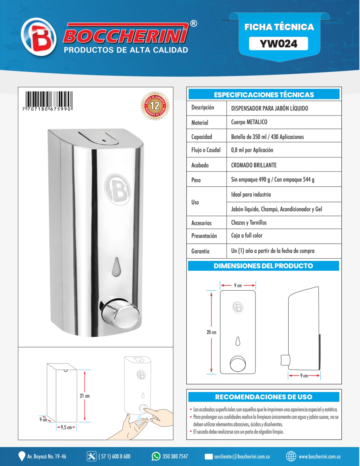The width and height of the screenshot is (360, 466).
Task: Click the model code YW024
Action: pos(278,44)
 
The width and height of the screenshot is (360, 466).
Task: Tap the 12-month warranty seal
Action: pos(155,105)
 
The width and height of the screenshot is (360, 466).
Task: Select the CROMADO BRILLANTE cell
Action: pos(254,165)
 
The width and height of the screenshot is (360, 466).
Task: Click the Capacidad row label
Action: pos(202,137)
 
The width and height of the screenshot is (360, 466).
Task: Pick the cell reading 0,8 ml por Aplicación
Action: pos(252,150)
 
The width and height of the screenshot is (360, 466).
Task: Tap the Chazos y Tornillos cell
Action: pos(249,223)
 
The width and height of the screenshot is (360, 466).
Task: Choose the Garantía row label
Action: pos(200,251)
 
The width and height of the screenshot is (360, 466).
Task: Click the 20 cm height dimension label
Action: pos(211,332)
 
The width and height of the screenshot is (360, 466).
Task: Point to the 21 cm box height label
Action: pos(85,396)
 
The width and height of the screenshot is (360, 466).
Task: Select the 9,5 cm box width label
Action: pos(66,428)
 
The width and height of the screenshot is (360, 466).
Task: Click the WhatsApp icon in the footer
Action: pos(156,456)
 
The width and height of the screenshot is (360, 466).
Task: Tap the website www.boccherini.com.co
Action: pos(319,456)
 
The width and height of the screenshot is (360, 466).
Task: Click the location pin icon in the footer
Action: pos(22,456)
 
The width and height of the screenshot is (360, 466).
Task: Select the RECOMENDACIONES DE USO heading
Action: pos(264,397)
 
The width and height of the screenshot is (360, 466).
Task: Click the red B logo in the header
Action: pos(39,37)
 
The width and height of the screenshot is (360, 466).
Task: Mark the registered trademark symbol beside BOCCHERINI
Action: pos(193,24)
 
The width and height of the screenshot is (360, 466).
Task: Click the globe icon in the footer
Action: pos(291,456)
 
